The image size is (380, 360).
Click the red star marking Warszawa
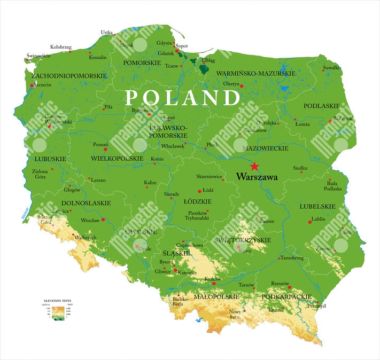[254, 167]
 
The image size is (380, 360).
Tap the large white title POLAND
[182, 98]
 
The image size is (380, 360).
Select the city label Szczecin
[42, 85]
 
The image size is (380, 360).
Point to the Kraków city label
[212, 279]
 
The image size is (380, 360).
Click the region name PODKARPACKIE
[287, 296]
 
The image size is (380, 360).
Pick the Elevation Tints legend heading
[57, 301]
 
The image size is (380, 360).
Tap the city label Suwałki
[331, 68]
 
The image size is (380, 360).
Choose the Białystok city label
[343, 119]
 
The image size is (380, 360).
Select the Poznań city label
[100, 145]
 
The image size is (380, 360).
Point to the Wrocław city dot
[103, 220]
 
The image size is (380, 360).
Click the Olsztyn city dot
[241, 85]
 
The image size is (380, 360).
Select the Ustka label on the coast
[106, 33]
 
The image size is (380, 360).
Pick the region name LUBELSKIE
[317, 206]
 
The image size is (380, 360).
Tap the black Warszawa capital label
[256, 177]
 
